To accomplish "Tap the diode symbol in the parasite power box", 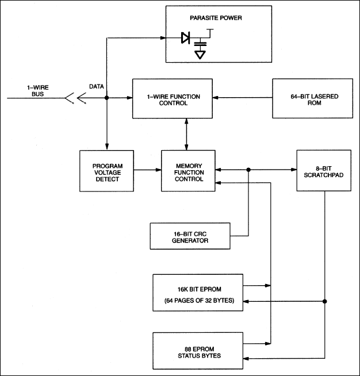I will (x=186, y=39).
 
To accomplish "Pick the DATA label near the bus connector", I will (x=97, y=86).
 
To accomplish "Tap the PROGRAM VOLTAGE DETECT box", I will (x=106, y=171).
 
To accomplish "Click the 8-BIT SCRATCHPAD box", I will (x=325, y=170).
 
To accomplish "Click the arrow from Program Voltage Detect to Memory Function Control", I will (x=147, y=170).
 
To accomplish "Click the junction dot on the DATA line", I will (x=107, y=98).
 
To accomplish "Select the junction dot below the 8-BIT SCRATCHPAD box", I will (x=325, y=301).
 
